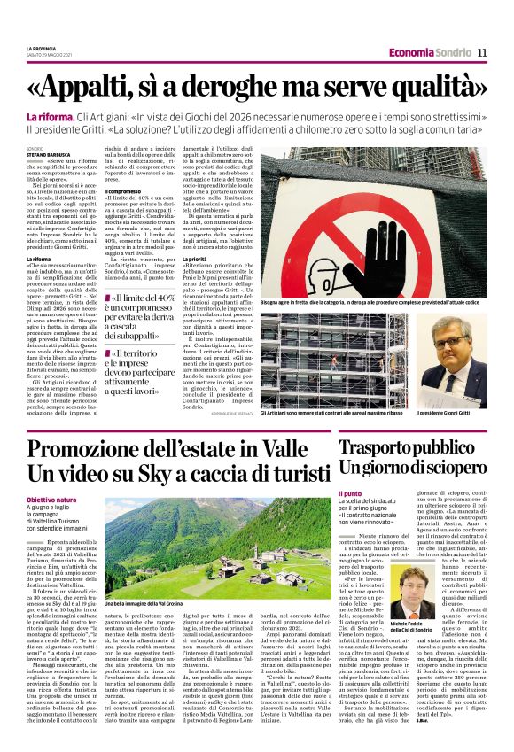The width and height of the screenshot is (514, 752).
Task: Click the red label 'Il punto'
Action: coord(349,493)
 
